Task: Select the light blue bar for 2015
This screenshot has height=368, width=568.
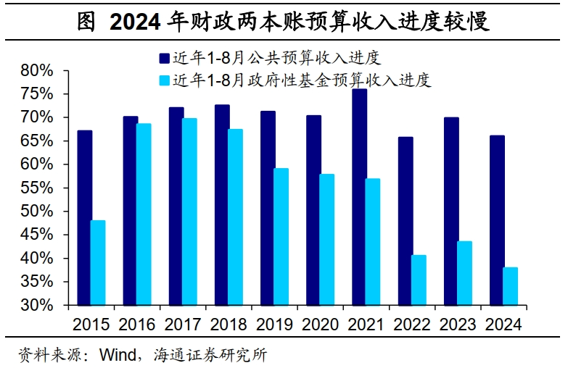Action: [98, 262]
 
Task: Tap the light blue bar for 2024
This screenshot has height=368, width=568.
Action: [511, 286]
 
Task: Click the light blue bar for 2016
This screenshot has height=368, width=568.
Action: [144, 214]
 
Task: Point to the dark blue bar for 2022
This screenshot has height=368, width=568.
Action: [406, 221]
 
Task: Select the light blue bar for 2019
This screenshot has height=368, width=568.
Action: [281, 237]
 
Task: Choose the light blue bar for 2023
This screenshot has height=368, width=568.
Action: [465, 273]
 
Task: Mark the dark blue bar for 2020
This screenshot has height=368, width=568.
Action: [314, 210]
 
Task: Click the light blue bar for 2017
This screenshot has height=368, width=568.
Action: [189, 212]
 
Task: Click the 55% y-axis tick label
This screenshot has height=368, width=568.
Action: [38, 188]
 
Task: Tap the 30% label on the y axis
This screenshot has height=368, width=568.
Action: [38, 305]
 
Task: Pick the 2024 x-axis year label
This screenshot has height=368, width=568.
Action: [503, 324]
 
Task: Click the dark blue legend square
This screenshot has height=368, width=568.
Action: [165, 59]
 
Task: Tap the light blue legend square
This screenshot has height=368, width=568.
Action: [165, 80]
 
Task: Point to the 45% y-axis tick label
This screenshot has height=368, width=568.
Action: [38, 235]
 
